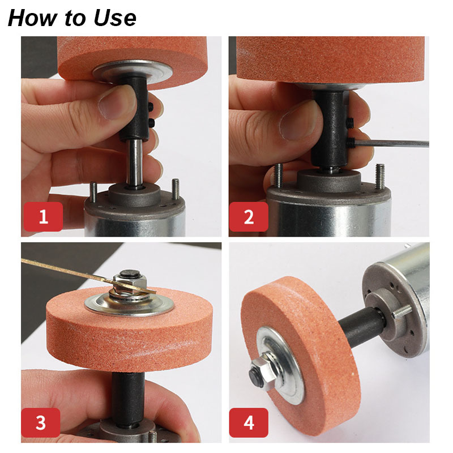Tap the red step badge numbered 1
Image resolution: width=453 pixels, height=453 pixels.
[44, 216]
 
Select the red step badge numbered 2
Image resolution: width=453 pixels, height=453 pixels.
[249, 216]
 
